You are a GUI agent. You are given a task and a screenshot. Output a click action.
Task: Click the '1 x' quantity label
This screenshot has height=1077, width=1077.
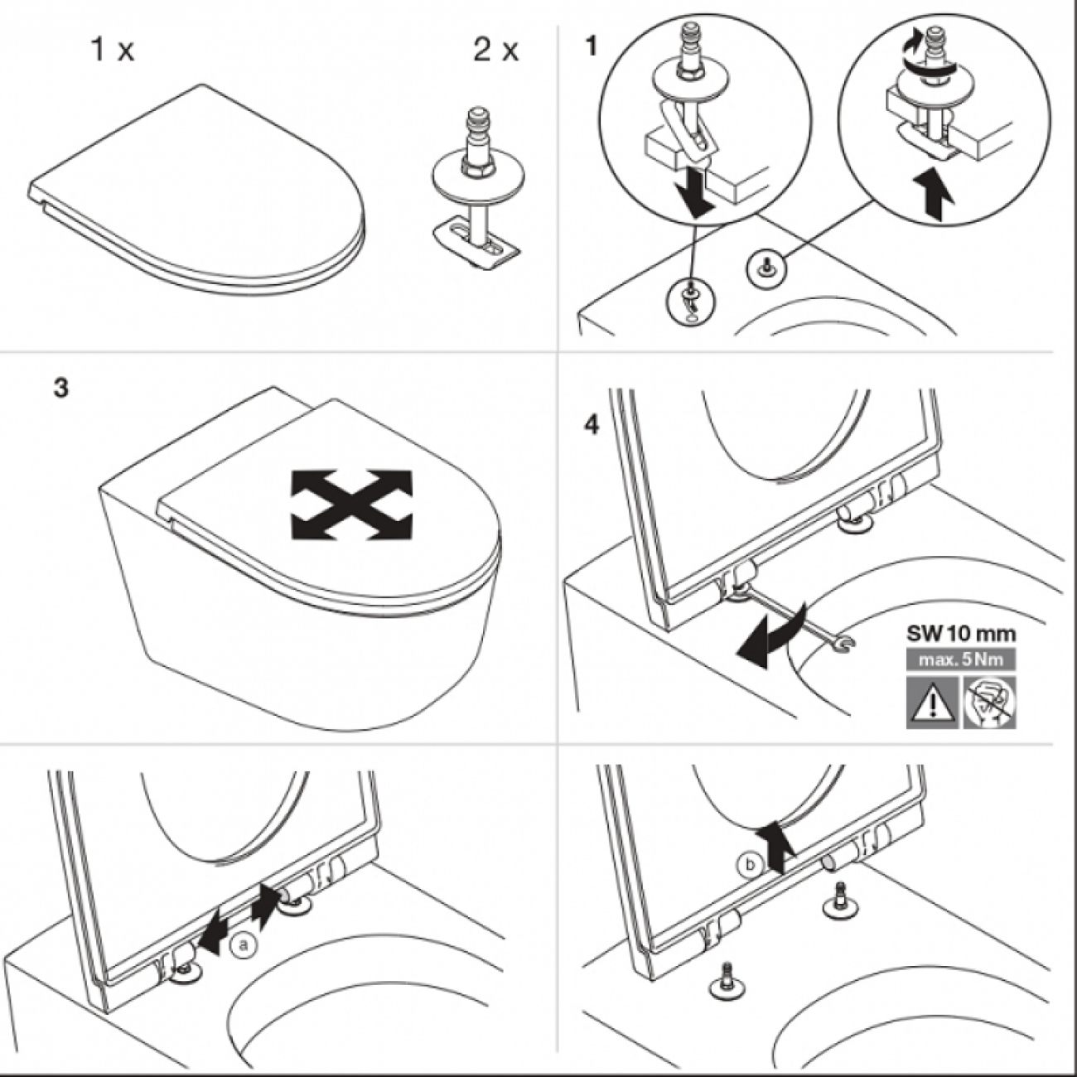[x=112, y=51]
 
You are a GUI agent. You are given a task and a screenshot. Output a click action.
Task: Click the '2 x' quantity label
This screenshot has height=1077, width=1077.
[x=495, y=51]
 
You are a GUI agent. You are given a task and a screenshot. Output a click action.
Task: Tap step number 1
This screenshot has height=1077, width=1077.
[x=591, y=47]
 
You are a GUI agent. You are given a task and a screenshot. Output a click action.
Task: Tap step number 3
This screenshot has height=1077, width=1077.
[x=61, y=388]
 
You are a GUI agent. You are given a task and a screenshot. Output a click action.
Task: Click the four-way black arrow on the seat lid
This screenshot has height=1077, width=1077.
[x=351, y=504]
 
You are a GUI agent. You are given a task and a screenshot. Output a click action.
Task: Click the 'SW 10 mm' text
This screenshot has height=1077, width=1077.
[x=961, y=635]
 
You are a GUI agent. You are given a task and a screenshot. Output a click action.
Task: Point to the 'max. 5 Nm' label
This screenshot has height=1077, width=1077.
[x=961, y=661]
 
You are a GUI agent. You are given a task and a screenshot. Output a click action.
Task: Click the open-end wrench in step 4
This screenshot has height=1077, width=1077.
[x=796, y=614]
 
